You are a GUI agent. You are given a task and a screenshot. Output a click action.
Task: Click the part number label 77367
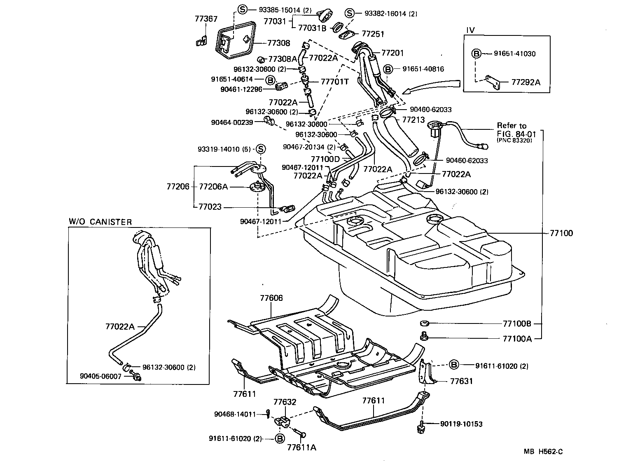pos(206,19)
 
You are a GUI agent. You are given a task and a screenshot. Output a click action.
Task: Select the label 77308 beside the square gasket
pos(278,43)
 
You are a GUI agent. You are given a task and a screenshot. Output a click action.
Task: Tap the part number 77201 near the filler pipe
pos(392,53)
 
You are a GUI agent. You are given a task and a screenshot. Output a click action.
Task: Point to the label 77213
pos(413,120)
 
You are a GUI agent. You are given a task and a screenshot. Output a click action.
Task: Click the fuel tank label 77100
pos(561,233)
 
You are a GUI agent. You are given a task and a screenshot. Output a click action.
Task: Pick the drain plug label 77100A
pos(517,339)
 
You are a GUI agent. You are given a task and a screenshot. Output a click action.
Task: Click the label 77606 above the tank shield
pos(271,298)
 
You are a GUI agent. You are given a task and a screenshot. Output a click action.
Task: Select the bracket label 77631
pos(461,381)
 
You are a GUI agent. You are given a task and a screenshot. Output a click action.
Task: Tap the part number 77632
pos(285,402)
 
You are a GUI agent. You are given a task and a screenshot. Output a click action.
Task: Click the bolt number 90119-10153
pos(461,424)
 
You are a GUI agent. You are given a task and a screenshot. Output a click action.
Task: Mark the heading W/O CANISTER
pos(100,222)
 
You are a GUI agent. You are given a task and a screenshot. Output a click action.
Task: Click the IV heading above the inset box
pos(470,30)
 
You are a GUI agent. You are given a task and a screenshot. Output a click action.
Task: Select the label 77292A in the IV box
pos(526,82)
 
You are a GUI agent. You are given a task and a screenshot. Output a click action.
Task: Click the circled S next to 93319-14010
pos(261,149)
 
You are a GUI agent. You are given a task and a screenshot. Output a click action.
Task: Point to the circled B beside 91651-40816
pos(388,69)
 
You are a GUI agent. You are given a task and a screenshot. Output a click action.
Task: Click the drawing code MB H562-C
pos(543,452)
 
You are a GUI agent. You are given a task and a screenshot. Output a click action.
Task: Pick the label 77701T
pos(334,82)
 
